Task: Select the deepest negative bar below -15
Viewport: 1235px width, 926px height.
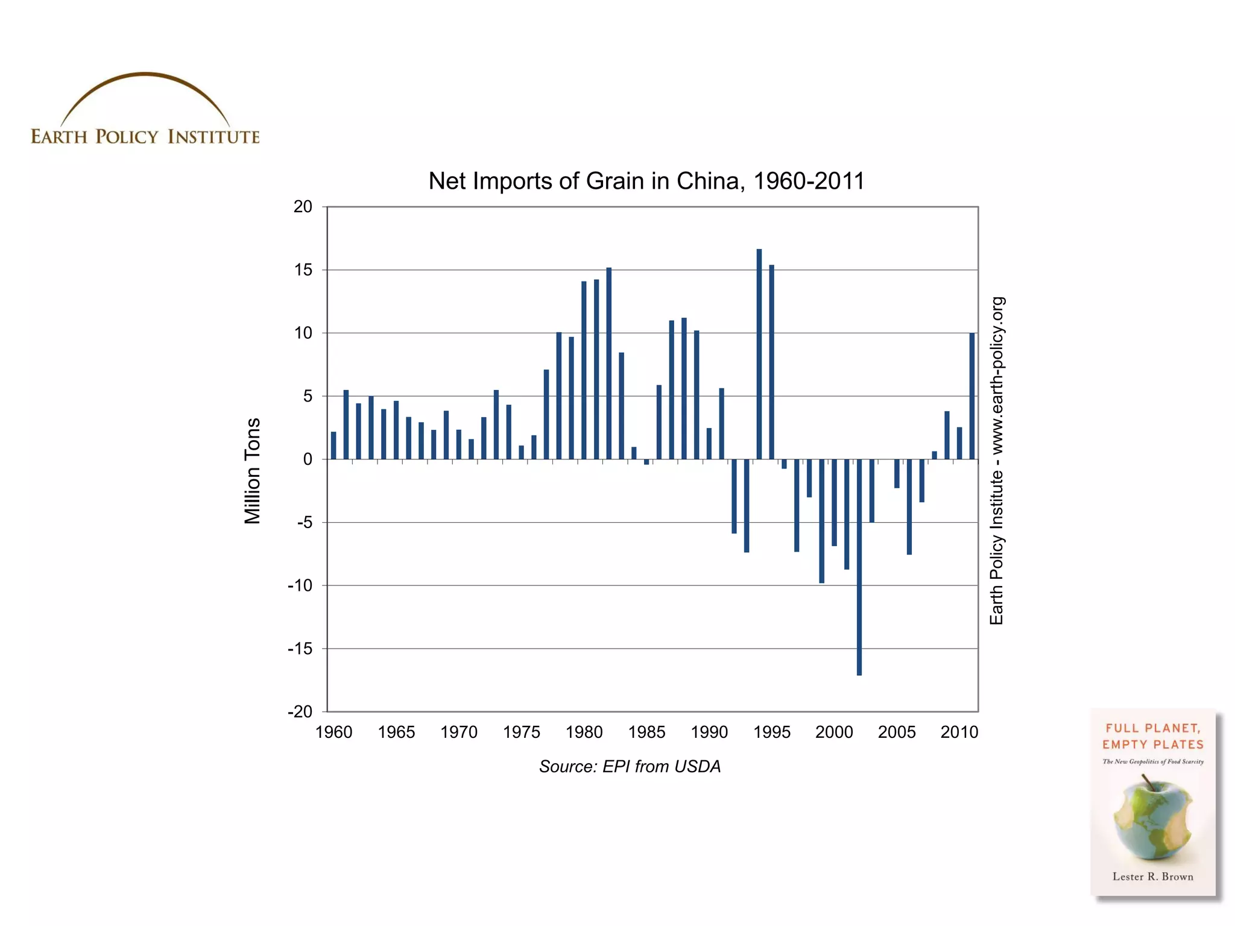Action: coord(859,567)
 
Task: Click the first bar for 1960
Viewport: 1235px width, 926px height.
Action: coord(333,446)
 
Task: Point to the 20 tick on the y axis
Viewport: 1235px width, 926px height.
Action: coord(303,207)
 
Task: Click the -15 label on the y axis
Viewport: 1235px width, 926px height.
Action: coord(300,649)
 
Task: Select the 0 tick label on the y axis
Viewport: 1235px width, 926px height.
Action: coord(308,459)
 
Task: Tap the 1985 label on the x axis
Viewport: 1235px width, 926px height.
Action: coord(646,732)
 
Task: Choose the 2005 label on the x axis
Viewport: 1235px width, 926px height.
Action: coord(897,732)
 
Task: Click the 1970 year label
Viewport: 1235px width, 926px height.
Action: coord(459,732)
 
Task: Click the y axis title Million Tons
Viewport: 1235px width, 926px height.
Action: coord(252,471)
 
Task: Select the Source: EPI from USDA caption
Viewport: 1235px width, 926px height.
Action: coord(630,766)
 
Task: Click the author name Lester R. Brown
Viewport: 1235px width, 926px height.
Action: coord(1152,877)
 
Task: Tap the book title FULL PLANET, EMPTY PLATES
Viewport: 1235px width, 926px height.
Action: coord(1152,736)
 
